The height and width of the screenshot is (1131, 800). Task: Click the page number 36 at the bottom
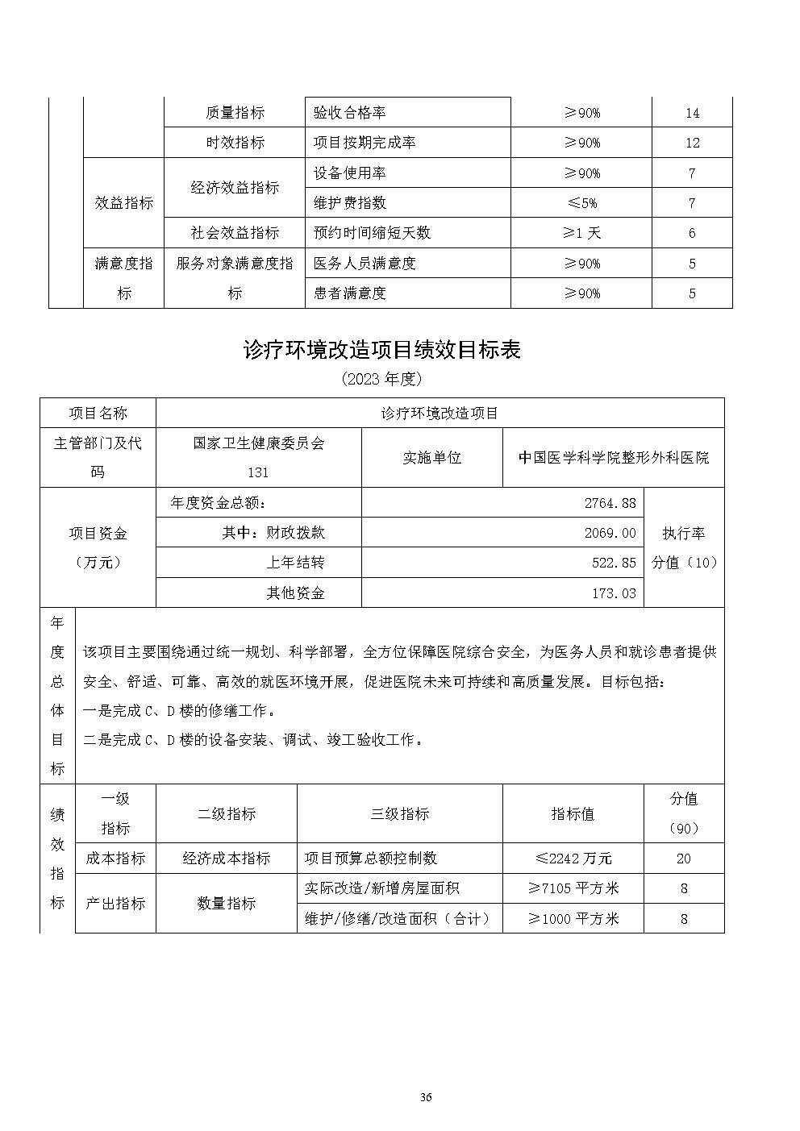point(427,1097)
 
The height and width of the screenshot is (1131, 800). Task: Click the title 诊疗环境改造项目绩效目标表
point(382,349)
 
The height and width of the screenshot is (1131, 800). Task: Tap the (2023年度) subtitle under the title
point(381,378)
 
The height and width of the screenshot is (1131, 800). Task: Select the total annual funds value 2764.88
point(610,503)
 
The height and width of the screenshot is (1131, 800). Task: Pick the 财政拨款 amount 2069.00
point(610,533)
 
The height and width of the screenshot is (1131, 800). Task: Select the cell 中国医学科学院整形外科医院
point(613,457)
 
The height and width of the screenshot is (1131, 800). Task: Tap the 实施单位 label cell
point(431,457)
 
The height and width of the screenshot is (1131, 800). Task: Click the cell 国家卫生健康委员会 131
point(258,457)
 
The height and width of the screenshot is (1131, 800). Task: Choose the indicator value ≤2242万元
point(573,859)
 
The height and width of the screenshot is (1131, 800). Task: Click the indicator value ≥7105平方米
point(573,888)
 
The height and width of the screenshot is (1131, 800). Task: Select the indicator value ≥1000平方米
point(573,918)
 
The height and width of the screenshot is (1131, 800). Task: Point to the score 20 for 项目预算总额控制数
point(683,859)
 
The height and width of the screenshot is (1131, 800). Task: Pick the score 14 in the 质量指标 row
point(692,113)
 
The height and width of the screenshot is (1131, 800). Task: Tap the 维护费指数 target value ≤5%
point(581,203)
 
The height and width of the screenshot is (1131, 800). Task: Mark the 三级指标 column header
point(399,814)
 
